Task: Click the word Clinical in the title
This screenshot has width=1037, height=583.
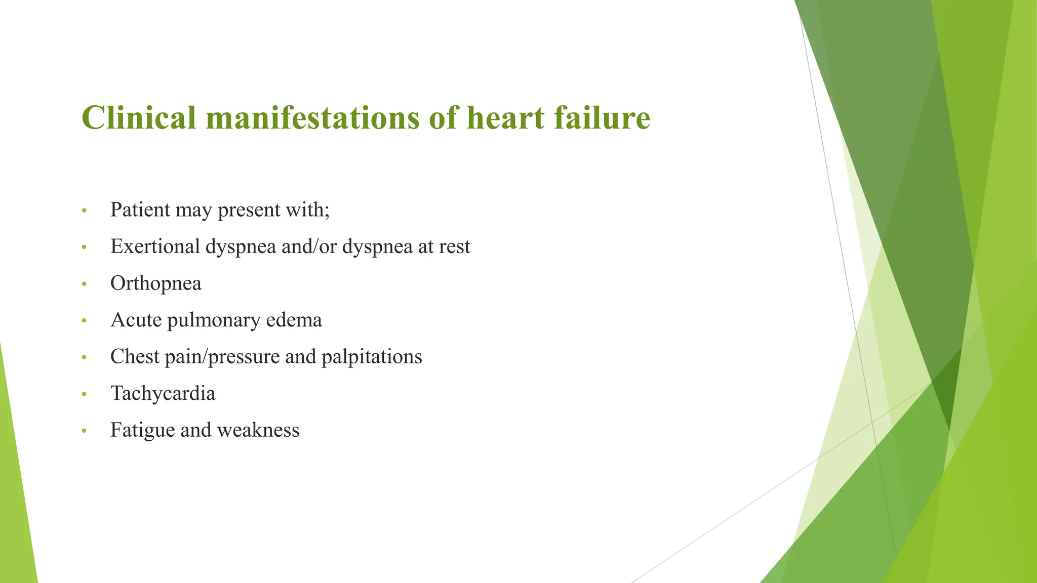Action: (138, 117)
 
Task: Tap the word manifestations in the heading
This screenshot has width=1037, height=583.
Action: (312, 117)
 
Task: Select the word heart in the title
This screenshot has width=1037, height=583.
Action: (506, 117)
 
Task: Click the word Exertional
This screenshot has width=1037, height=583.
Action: (155, 246)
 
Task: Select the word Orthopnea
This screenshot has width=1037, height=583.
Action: (155, 283)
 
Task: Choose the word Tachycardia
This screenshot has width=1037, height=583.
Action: (163, 394)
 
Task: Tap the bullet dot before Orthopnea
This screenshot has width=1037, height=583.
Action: (84, 284)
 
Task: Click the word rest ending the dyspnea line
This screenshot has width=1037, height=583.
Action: (454, 246)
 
